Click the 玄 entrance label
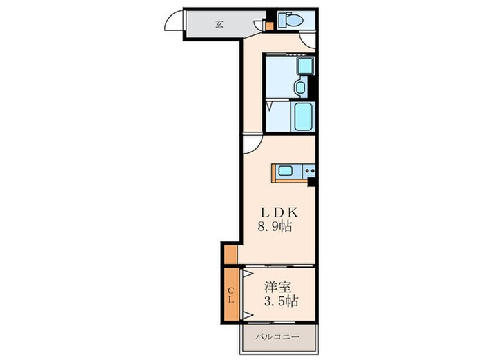[219, 24]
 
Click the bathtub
[304, 118]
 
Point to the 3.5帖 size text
[282, 302]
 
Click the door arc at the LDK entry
[252, 142]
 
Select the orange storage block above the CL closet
[230, 254]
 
